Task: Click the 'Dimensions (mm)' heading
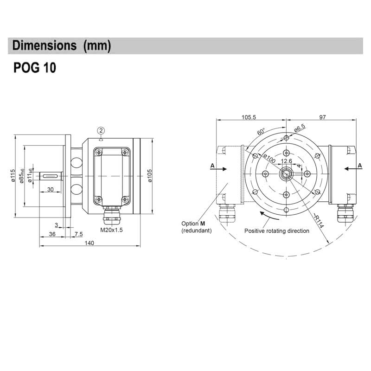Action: tap(62, 46)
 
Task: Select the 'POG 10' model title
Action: tap(35, 68)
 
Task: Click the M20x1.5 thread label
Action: tap(111, 230)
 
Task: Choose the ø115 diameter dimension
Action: tap(13, 176)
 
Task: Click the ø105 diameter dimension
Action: tap(150, 176)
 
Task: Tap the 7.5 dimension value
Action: tap(78, 234)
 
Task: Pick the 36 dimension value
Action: tap(52, 234)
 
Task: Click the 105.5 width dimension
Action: tap(248, 118)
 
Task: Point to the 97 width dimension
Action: tap(322, 118)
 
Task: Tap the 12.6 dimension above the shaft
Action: tap(287, 161)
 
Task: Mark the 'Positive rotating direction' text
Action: tap(276, 230)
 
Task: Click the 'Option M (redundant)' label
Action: tap(196, 227)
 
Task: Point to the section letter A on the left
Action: tap(212, 165)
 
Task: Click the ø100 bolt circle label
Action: tap(269, 158)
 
